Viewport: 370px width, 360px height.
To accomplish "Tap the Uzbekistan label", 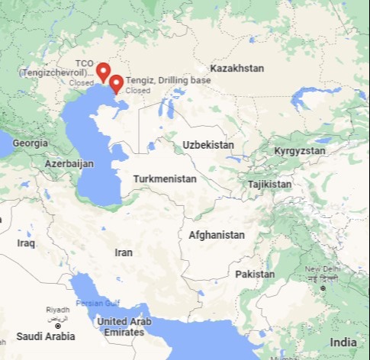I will (x=208, y=144).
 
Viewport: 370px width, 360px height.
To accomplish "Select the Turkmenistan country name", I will (x=165, y=178).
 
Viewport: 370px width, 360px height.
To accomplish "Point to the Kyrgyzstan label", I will (x=299, y=151).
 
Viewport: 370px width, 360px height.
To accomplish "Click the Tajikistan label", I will (x=269, y=185).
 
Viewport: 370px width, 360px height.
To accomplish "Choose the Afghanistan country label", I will (x=217, y=235).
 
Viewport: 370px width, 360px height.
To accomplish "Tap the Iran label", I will (x=123, y=252).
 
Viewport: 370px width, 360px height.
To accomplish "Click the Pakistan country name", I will (x=255, y=273).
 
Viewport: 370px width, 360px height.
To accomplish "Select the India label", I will (x=343, y=342).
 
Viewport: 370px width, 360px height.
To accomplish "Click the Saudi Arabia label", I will (x=46, y=336).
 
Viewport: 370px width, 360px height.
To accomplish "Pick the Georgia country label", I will (x=31, y=143).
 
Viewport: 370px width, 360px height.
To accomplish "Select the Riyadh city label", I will (x=57, y=310).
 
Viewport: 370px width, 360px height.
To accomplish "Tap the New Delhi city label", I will (x=322, y=270).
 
